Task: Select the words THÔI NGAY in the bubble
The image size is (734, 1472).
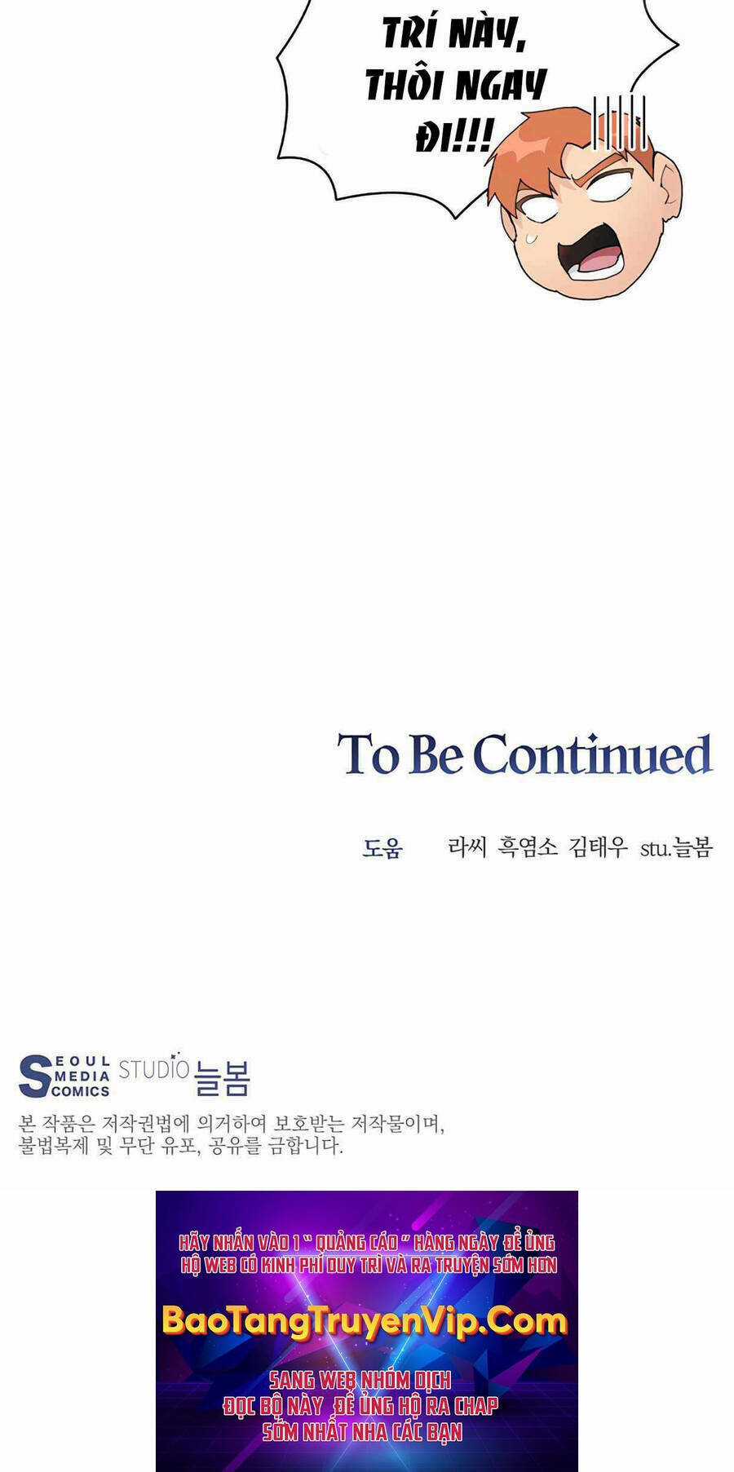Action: coord(455,84)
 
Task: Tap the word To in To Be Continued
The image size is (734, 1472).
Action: coord(366,754)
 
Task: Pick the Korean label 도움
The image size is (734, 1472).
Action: coord(382,848)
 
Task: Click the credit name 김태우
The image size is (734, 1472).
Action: coord(599,847)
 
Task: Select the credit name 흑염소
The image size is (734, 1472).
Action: coord(528,847)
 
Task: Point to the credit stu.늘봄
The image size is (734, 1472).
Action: coord(676,847)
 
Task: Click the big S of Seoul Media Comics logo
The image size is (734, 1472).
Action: coord(34,1076)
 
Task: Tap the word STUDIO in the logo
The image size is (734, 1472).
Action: coord(154,1068)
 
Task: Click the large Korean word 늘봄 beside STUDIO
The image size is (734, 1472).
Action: coord(222,1078)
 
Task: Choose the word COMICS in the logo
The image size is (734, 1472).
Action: coord(80,1091)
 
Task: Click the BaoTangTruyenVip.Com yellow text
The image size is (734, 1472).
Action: coord(365,1319)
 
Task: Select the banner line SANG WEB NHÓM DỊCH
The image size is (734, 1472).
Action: coord(360,1379)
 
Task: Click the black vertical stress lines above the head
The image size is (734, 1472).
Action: coord(620,122)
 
